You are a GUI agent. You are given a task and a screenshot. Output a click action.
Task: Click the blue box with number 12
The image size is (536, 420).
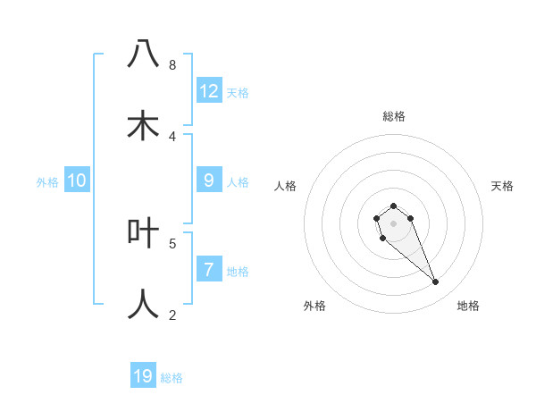click(209, 91)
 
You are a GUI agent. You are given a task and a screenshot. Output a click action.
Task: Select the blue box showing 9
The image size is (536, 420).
click(209, 181)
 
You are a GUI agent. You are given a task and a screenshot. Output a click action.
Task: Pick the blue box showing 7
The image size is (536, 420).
click(209, 270)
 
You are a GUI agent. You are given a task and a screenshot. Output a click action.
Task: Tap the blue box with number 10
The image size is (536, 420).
click(77, 181)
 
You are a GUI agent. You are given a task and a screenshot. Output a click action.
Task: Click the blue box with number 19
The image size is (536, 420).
click(143, 376)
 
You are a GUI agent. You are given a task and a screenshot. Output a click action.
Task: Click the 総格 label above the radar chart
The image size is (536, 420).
click(394, 116)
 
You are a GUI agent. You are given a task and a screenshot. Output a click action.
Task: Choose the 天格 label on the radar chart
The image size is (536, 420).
click(502, 186)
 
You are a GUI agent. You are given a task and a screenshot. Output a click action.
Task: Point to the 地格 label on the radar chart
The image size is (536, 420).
click(468, 306)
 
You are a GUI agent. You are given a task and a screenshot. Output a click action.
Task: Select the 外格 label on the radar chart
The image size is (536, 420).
click(314, 306)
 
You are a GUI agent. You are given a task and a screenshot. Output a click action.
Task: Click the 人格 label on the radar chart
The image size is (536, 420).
click(286, 186)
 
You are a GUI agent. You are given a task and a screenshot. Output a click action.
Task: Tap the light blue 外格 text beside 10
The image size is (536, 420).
click(47, 182)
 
